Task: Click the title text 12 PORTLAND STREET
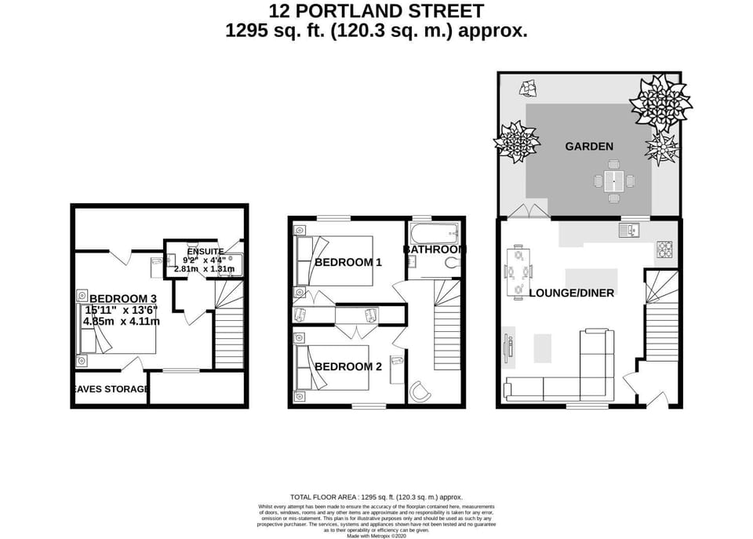[x=376, y=11]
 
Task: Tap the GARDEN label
[x=589, y=146]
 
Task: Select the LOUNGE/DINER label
[x=571, y=293]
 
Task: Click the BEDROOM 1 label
[x=347, y=262]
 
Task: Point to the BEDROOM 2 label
[x=347, y=366]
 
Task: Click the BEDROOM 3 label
[x=123, y=298]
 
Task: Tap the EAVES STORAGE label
[x=111, y=389]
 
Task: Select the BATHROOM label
[x=435, y=249]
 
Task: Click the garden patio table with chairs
[x=614, y=181]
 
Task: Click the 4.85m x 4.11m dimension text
[x=123, y=321]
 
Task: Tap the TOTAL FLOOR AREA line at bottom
[x=376, y=497]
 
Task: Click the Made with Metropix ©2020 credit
[x=376, y=535]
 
